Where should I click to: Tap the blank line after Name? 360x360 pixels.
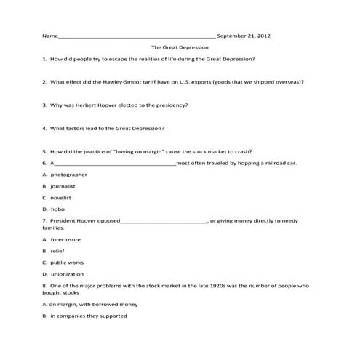point(137,36)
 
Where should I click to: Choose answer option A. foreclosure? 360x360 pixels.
point(62,239)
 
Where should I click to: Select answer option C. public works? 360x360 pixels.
point(63,263)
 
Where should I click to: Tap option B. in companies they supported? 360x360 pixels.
point(85,316)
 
